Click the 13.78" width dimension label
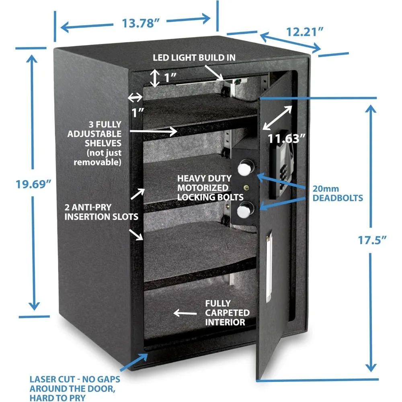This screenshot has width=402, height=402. (140, 23)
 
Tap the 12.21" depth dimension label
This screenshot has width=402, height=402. (305, 32)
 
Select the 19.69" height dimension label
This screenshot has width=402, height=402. (33, 184)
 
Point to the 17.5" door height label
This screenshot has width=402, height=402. (372, 240)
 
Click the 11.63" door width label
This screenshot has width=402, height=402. (286, 139)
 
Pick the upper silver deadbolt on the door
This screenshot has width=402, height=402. (245, 168)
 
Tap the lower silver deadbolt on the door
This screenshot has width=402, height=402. (244, 210)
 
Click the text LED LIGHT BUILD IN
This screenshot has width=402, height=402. (194, 57)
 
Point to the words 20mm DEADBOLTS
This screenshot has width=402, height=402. (338, 193)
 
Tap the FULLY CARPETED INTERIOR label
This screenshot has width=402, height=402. (227, 313)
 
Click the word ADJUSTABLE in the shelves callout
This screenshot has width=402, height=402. (94, 134)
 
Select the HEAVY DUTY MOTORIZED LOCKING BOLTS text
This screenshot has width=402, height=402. (210, 188)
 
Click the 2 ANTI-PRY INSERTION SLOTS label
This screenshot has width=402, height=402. (101, 212)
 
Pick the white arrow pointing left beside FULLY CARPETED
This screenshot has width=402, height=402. (185, 313)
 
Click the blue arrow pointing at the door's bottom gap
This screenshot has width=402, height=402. (134, 362)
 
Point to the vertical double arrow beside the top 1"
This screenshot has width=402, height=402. (155, 78)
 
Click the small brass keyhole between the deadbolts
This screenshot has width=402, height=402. (246, 188)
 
